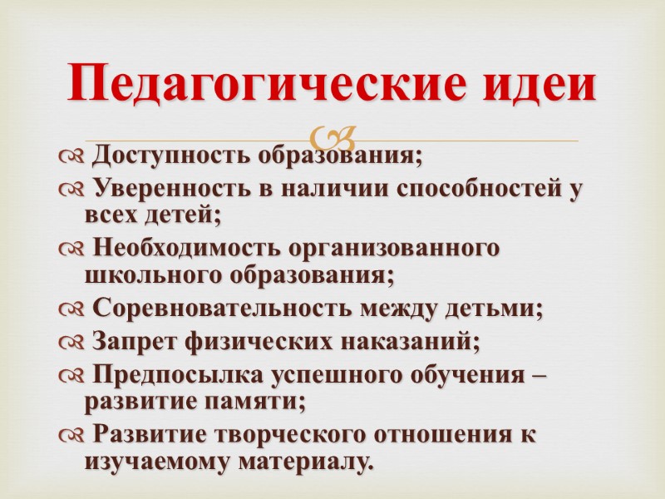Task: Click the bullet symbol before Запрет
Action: [x=72, y=343]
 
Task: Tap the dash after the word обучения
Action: [x=539, y=377]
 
